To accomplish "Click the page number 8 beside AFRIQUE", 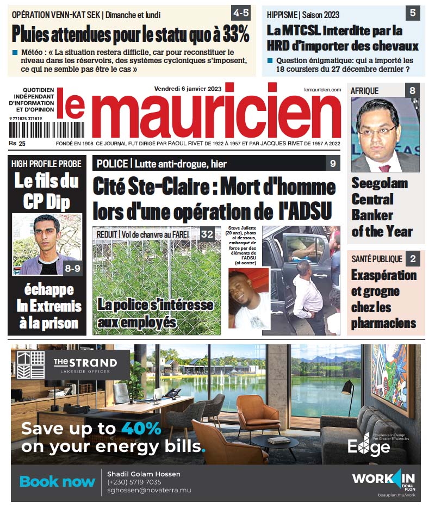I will coord(412,91).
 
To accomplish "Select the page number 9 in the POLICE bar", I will coord(333,164).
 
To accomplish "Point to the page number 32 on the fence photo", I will coord(207,234).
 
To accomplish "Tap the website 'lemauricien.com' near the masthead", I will coord(322,89).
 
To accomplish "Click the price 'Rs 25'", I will coord(17,144).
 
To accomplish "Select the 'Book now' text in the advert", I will coord(57,481).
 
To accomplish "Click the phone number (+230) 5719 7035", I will coord(134,482).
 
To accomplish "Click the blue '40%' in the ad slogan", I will coord(141,428).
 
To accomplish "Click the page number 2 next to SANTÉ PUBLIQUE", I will coord(412,259).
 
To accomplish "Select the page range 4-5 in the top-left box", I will coord(241,12).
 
